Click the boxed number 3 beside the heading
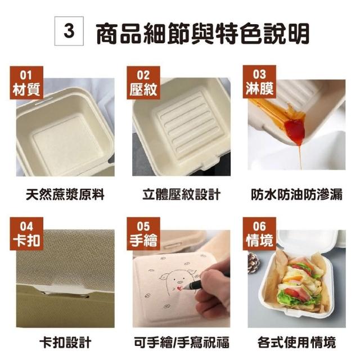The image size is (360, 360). [69, 31]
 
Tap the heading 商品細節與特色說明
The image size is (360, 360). [202, 34]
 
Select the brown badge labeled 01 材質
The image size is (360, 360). [26, 83]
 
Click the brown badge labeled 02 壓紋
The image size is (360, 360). [143, 83]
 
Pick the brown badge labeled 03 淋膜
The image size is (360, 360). [259, 82]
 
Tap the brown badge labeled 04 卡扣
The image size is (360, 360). [26, 234]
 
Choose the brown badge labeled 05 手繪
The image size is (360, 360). [143, 234]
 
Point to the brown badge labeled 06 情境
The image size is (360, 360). [259, 234]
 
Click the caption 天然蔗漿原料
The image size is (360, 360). [65, 195]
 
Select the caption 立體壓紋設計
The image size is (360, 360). [181, 195]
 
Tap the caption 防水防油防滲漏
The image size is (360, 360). [296, 195]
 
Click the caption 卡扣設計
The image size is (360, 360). [65, 343]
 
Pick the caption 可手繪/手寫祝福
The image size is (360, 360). [181, 343]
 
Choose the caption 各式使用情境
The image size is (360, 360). [296, 343]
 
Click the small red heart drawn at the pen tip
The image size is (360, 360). [179, 288]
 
